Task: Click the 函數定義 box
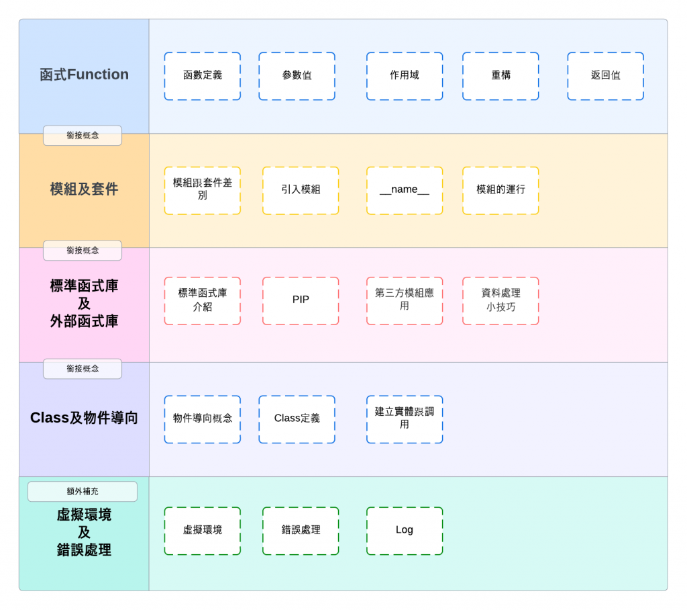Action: coord(202,76)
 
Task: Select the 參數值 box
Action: coord(297,76)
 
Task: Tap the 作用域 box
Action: coord(405,76)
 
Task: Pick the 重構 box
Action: coord(500,76)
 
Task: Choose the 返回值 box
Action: coord(605,76)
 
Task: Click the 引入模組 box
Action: coord(301,190)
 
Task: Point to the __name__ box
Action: coord(405,190)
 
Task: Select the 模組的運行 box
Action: coord(500,190)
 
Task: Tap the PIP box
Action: coord(301,300)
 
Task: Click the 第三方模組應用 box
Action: coord(405,300)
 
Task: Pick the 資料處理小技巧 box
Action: coord(500,300)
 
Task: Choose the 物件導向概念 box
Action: coord(202,419)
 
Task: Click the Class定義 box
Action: coord(297,419)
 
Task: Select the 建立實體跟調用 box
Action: coord(405,419)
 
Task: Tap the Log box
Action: coord(405,530)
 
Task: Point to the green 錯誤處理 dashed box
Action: coord(301,530)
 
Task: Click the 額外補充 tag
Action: coord(83,491)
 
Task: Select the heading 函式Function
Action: coord(84,75)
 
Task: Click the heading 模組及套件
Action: coord(84,189)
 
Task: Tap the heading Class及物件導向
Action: coord(84,418)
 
